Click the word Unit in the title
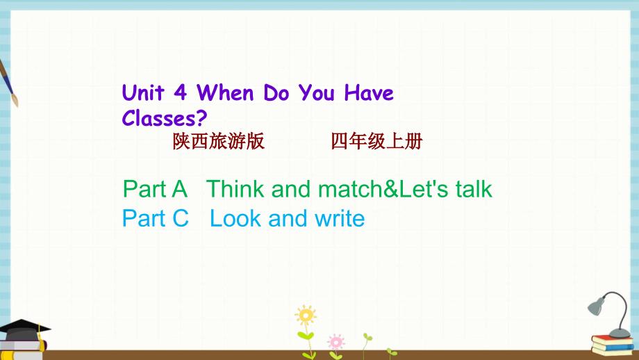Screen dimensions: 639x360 coord(142,93)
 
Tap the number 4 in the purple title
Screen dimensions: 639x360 coord(180,93)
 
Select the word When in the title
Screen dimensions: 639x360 coord(225,93)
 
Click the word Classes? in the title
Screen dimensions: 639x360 coord(165,118)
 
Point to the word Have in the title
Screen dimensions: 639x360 coord(369,93)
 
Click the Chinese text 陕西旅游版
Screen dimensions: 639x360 coord(218,142)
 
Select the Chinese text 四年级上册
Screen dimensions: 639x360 coord(376,142)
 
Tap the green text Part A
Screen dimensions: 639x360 coord(155,189)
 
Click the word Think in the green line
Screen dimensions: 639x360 coord(235,189)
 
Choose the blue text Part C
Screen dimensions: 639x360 coord(156,218)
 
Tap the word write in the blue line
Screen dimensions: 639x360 coord(340,218)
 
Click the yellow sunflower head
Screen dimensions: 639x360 coord(306,315)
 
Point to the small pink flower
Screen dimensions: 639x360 coord(336,342)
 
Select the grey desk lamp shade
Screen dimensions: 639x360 coord(596,306)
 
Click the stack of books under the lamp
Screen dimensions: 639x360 coord(613,345)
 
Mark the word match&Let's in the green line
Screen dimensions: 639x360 coord(383,189)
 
